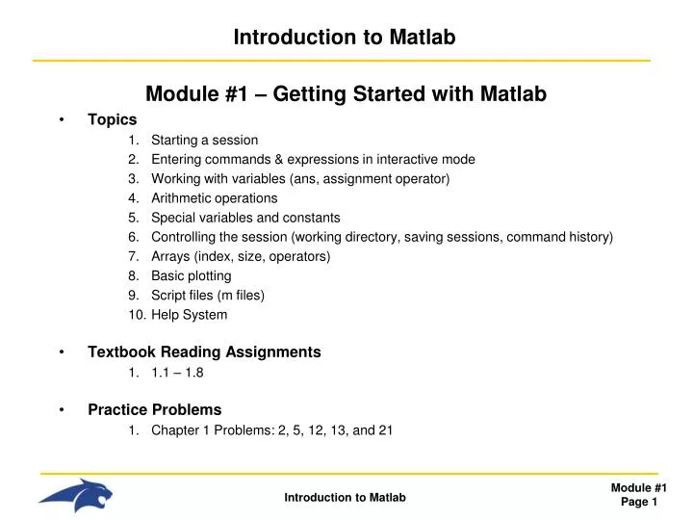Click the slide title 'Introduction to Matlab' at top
coord(345,38)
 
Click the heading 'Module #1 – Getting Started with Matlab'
coord(346,94)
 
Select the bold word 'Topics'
coord(113,120)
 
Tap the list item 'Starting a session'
coord(204,140)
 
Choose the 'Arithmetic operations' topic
coord(214,198)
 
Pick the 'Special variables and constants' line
coord(245,218)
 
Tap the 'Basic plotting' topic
coord(191,275)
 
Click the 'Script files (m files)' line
coord(207,295)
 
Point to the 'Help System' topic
coord(189,315)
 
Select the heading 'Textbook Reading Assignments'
coord(204,352)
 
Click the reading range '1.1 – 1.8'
coord(177,373)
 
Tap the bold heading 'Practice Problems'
coord(154,409)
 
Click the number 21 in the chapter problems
coord(385,430)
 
